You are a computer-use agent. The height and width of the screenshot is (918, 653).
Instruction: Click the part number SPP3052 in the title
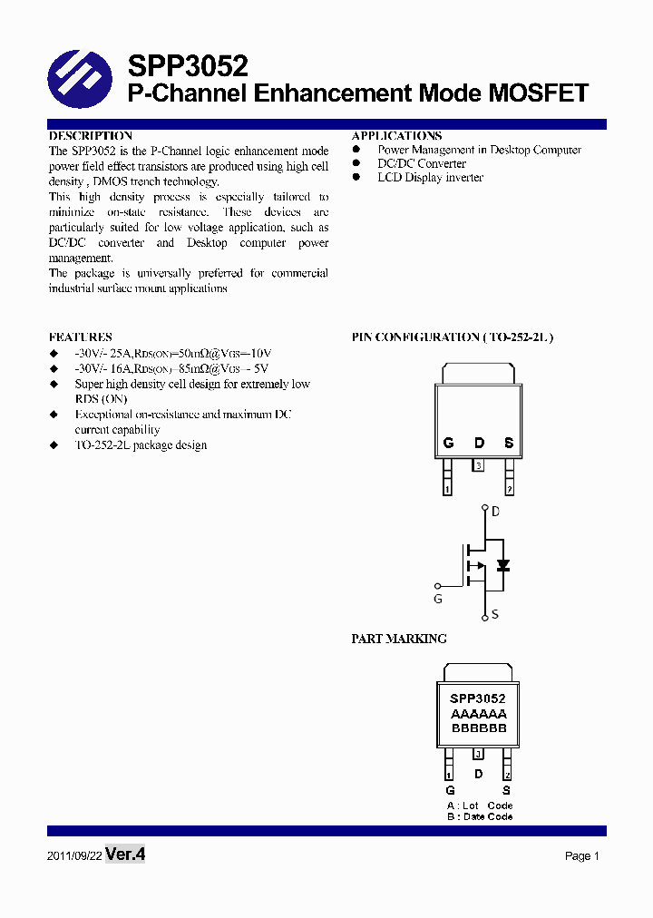click(x=188, y=66)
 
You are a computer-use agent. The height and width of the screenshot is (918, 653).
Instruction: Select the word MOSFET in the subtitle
click(x=539, y=93)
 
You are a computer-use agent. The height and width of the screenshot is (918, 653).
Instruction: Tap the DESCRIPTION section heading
click(x=91, y=135)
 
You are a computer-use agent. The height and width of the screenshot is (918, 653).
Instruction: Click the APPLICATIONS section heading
click(x=396, y=135)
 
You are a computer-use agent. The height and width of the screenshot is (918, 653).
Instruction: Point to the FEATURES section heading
click(x=81, y=337)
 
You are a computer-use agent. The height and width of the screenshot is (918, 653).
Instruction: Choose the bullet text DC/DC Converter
click(x=422, y=163)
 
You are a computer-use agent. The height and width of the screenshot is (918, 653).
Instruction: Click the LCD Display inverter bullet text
click(x=430, y=178)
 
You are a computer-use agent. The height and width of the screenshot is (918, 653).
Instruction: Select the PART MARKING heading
click(x=399, y=639)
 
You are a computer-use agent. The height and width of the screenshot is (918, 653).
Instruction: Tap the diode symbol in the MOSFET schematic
click(x=502, y=565)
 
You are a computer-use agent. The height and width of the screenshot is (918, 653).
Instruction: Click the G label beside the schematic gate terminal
click(x=438, y=600)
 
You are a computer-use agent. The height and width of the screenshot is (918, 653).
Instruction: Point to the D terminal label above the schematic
click(x=495, y=512)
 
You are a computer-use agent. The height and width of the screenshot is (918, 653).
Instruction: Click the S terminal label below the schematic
click(x=495, y=615)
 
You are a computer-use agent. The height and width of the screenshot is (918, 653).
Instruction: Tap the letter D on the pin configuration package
click(x=479, y=444)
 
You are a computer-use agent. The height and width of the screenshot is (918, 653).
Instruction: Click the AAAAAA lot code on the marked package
click(x=478, y=714)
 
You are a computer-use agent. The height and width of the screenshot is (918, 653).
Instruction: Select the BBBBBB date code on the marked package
click(x=478, y=728)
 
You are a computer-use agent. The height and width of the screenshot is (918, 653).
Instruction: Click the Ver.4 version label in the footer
click(x=125, y=855)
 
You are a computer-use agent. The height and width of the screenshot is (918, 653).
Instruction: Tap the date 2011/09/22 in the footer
click(x=73, y=856)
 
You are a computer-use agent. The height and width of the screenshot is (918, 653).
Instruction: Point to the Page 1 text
click(x=582, y=856)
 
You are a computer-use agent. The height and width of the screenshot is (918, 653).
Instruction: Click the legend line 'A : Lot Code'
click(x=480, y=806)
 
